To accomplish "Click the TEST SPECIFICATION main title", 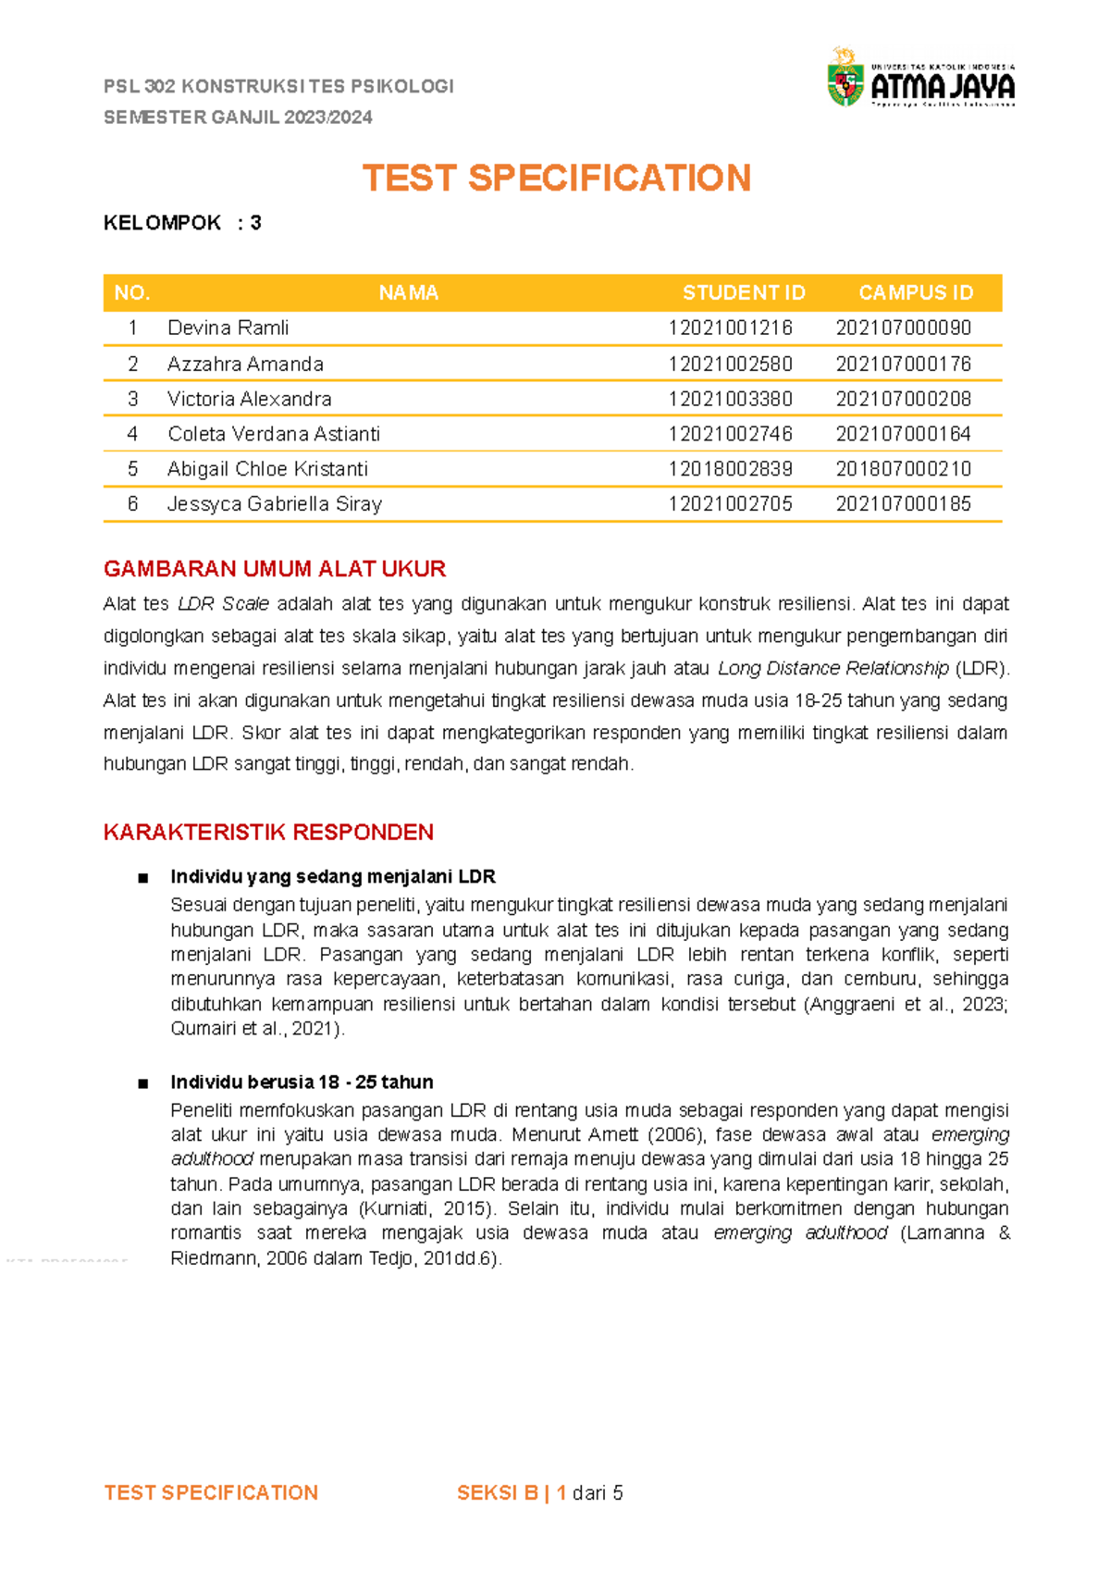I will click(x=556, y=179).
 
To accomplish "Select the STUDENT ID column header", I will click(x=744, y=293).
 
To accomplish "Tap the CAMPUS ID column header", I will click(x=916, y=293).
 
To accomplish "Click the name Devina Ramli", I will click(x=228, y=328).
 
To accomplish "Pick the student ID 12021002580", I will click(x=730, y=365).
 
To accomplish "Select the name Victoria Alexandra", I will click(x=249, y=400).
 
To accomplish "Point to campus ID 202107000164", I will click(x=903, y=434).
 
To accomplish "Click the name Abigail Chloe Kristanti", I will click(x=267, y=469).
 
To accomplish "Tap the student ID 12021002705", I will click(x=730, y=504).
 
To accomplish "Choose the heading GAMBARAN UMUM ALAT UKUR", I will click(x=275, y=569).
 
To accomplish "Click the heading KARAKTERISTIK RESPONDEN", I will click(x=268, y=833).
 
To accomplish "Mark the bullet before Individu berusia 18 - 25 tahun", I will click(x=142, y=1083).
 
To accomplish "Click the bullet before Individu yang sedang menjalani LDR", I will click(x=142, y=878).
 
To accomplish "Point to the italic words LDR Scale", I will click(x=223, y=604).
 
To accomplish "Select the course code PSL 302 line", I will click(x=278, y=87).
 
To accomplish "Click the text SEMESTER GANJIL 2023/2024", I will click(x=238, y=118).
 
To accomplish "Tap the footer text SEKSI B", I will click(x=498, y=1493).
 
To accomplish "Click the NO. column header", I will click(x=132, y=293).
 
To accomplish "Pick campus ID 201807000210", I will click(x=903, y=469).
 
